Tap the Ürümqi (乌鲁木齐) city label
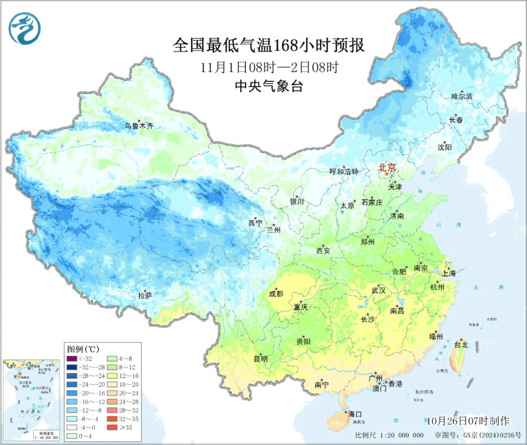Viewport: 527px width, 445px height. click(139, 126)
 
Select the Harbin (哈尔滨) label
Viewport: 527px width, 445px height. click(462, 97)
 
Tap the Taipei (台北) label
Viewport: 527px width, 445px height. click(461, 344)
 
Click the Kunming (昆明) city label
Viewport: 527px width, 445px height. click(261, 359)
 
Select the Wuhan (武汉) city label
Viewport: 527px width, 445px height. click(379, 290)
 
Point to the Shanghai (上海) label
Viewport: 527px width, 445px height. click(448, 273)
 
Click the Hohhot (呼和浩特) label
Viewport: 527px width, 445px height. click(344, 172)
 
